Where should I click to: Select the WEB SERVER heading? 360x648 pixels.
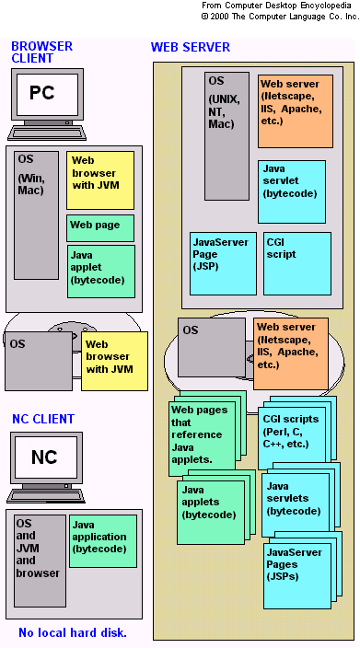(190, 47)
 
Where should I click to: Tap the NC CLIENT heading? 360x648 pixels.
(43, 419)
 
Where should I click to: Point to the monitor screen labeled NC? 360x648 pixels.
(44, 457)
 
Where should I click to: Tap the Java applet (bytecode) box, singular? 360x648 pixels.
(100, 271)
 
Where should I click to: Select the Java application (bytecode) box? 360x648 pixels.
(102, 540)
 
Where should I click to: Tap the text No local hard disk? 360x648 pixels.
(72, 632)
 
